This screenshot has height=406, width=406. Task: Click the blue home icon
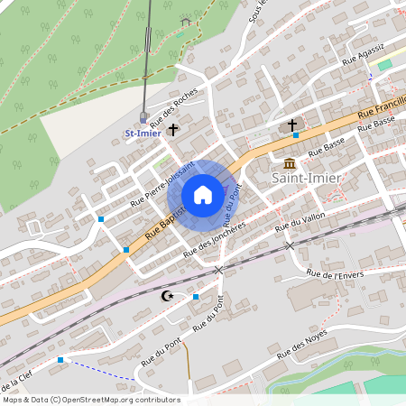pyautogui.click(x=203, y=194)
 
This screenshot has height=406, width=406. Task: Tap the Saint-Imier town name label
pyautogui.click(x=307, y=178)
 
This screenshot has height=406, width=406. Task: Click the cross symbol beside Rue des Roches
pyautogui.click(x=172, y=130)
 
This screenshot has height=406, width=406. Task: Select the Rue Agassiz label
pyautogui.click(x=363, y=53)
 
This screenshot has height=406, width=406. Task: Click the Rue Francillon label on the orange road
pyautogui.click(x=383, y=104)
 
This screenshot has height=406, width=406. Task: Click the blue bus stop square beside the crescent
pyautogui.click(x=196, y=296)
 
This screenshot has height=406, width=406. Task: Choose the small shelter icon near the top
pyautogui.click(x=186, y=21)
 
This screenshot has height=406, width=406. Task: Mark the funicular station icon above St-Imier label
pyautogui.click(x=143, y=115)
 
